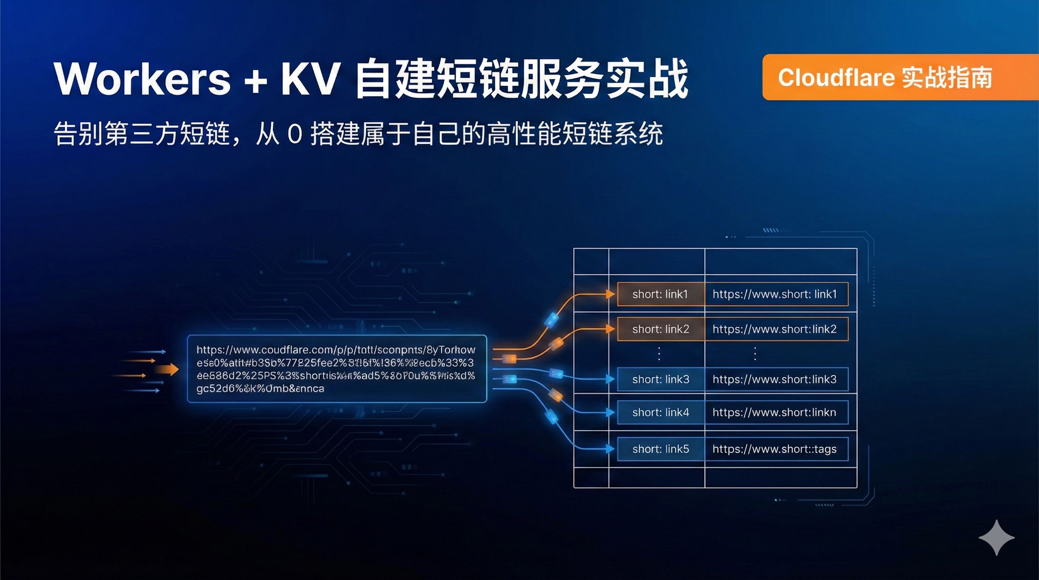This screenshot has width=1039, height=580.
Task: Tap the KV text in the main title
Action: tap(309, 78)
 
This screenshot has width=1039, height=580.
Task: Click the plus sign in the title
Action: tap(255, 80)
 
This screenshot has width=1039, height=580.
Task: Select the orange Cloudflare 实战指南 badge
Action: tap(899, 77)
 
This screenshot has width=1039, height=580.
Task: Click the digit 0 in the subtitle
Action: tap(295, 134)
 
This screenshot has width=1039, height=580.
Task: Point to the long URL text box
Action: tap(337, 369)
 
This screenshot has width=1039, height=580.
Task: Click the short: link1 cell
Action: tap(660, 295)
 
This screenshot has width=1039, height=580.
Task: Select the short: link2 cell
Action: tap(660, 329)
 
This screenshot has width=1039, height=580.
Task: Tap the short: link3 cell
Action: tap(660, 379)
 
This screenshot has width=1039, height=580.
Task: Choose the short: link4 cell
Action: tap(660, 412)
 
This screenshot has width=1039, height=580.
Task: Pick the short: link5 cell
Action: tap(660, 449)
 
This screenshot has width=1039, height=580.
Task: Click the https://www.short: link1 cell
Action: tap(775, 295)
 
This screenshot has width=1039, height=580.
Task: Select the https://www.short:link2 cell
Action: tap(775, 329)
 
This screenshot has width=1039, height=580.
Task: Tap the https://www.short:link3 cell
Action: tap(775, 379)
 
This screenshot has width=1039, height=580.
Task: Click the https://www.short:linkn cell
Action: tap(775, 412)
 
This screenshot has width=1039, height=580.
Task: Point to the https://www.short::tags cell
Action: tap(775, 449)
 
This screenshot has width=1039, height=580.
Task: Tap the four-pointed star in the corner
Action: tap(996, 538)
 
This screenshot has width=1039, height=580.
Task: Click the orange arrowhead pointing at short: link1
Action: tap(610, 294)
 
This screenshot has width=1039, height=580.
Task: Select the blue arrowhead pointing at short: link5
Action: tap(610, 449)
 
